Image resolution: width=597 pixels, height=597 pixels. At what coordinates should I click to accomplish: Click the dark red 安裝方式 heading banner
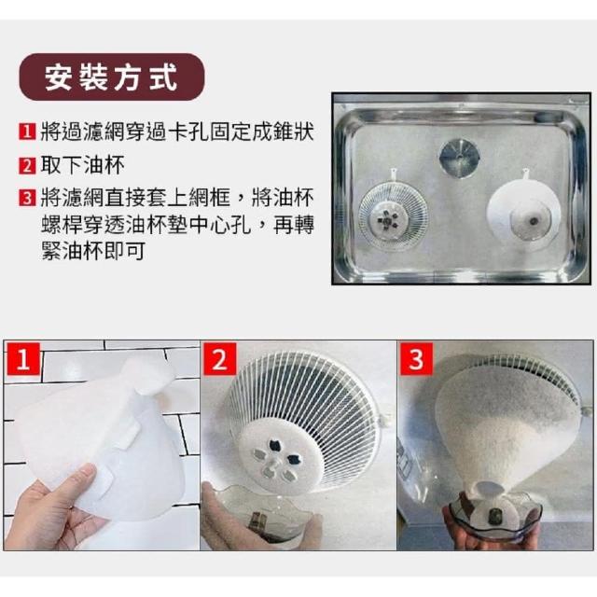[112, 77]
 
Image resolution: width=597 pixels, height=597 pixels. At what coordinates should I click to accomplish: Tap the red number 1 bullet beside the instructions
[27, 132]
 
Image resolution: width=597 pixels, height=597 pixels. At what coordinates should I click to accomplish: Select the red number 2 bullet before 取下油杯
[27, 166]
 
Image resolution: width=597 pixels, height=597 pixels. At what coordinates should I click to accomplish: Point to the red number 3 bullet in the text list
[27, 198]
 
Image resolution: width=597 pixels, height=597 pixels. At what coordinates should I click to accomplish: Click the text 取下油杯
[82, 166]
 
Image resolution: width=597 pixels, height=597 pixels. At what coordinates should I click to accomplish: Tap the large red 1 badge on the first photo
[22, 358]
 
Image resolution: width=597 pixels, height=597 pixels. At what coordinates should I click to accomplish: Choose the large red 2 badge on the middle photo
[220, 358]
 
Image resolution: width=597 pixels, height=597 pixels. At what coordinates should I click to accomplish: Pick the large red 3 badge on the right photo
[416, 358]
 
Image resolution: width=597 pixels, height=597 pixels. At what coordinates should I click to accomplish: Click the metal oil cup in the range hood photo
[459, 158]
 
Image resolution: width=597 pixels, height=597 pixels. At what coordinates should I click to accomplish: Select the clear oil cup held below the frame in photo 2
[259, 512]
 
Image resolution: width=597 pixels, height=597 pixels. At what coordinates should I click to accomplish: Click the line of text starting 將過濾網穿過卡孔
[177, 132]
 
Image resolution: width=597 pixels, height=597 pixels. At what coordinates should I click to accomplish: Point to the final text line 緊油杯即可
[93, 251]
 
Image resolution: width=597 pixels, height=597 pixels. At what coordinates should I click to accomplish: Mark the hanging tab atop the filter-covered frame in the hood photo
[526, 175]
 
